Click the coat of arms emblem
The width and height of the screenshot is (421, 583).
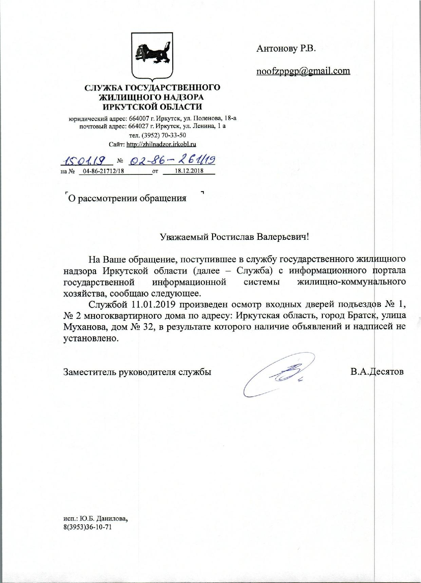pos(152,55)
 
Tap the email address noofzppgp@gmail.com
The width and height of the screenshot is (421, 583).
pos(303,71)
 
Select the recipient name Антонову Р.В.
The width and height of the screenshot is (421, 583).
pos(286,49)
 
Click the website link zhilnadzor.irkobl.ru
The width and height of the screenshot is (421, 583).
pos(161,144)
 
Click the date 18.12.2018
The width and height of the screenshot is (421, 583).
pos(189,171)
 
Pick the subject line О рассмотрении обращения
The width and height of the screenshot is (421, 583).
pos(127,198)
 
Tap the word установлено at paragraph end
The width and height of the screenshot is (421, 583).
pos(92,339)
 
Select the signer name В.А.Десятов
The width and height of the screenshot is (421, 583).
pos(377,372)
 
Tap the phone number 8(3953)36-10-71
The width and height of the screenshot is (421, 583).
pos(88,527)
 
